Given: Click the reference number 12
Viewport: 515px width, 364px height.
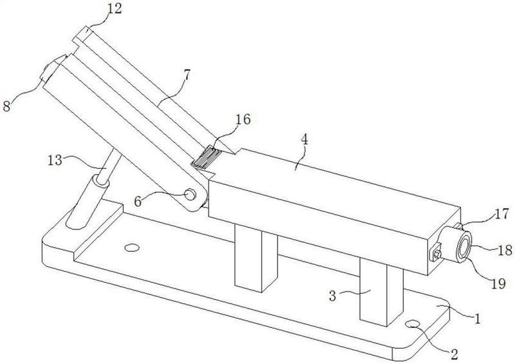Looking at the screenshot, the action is [x=115, y=9].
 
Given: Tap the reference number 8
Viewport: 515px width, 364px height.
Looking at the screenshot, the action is [x=7, y=106].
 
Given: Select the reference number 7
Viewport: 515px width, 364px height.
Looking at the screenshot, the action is [x=186, y=75].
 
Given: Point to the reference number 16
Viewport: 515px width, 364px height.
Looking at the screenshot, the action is [x=243, y=120].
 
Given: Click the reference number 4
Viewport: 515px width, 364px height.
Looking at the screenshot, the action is [x=304, y=140].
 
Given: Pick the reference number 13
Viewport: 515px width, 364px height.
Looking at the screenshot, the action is [x=55, y=160].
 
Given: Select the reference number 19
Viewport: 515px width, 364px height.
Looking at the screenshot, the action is [x=498, y=283].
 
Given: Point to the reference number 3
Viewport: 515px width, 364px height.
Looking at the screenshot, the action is [x=333, y=296].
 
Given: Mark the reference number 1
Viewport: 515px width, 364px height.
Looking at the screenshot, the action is [x=477, y=319].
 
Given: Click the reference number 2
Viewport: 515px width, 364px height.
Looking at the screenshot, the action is [x=454, y=354].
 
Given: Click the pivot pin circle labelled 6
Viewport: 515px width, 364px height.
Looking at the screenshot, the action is [x=190, y=195].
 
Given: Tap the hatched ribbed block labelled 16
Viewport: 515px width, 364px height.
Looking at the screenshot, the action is [x=205, y=158].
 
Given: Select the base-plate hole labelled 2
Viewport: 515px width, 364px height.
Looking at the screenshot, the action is [x=413, y=324].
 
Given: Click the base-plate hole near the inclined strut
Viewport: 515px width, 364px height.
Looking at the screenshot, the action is [x=132, y=247].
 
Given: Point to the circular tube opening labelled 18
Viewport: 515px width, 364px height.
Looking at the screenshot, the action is [x=464, y=247].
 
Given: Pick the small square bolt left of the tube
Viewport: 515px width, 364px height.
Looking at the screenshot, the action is [x=436, y=253].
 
